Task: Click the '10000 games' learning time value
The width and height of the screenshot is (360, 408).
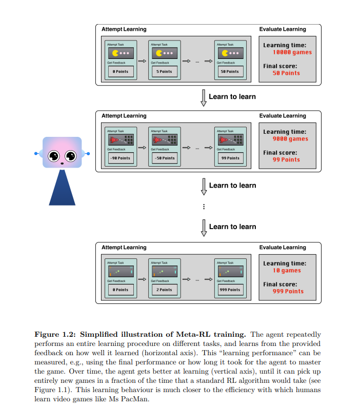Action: (292, 52)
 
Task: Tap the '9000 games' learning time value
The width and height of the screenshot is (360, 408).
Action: (291, 139)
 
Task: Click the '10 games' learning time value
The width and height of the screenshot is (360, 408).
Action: (287, 271)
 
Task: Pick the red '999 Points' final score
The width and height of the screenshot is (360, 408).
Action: (288, 291)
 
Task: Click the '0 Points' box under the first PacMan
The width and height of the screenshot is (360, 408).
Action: (121, 71)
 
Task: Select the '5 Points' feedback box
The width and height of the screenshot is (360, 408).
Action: (164, 71)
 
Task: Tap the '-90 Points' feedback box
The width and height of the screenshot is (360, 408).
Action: (121, 158)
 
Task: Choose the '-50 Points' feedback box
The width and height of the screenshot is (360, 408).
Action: (164, 158)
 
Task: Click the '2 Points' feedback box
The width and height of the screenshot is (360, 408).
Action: (164, 290)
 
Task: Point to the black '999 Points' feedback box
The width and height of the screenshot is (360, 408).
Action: (230, 290)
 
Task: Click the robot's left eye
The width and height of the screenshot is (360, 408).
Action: (54, 155)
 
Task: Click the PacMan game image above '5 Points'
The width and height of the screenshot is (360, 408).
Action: (164, 53)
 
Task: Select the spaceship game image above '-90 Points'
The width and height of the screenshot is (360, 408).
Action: (121, 139)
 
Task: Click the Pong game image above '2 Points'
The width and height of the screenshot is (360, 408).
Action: (164, 271)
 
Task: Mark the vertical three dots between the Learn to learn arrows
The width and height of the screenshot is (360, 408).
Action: (204, 207)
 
